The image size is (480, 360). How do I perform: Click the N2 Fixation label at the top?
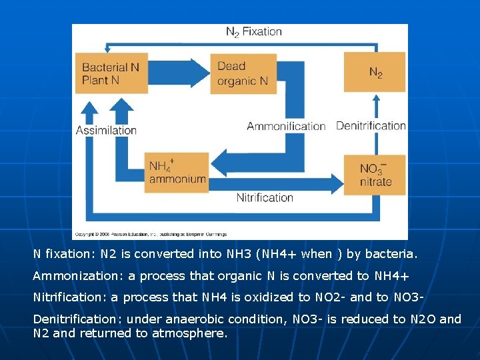253,31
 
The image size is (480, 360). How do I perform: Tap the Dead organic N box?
244,73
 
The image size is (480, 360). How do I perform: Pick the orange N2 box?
375,72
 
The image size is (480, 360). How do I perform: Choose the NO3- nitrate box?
375,175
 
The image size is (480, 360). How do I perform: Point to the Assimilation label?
106,130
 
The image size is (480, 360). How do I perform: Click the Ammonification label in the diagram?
286,126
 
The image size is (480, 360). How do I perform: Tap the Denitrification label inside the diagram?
371,126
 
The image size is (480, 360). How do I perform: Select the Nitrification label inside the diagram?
265,197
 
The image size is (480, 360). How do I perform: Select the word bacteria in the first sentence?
394,254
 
